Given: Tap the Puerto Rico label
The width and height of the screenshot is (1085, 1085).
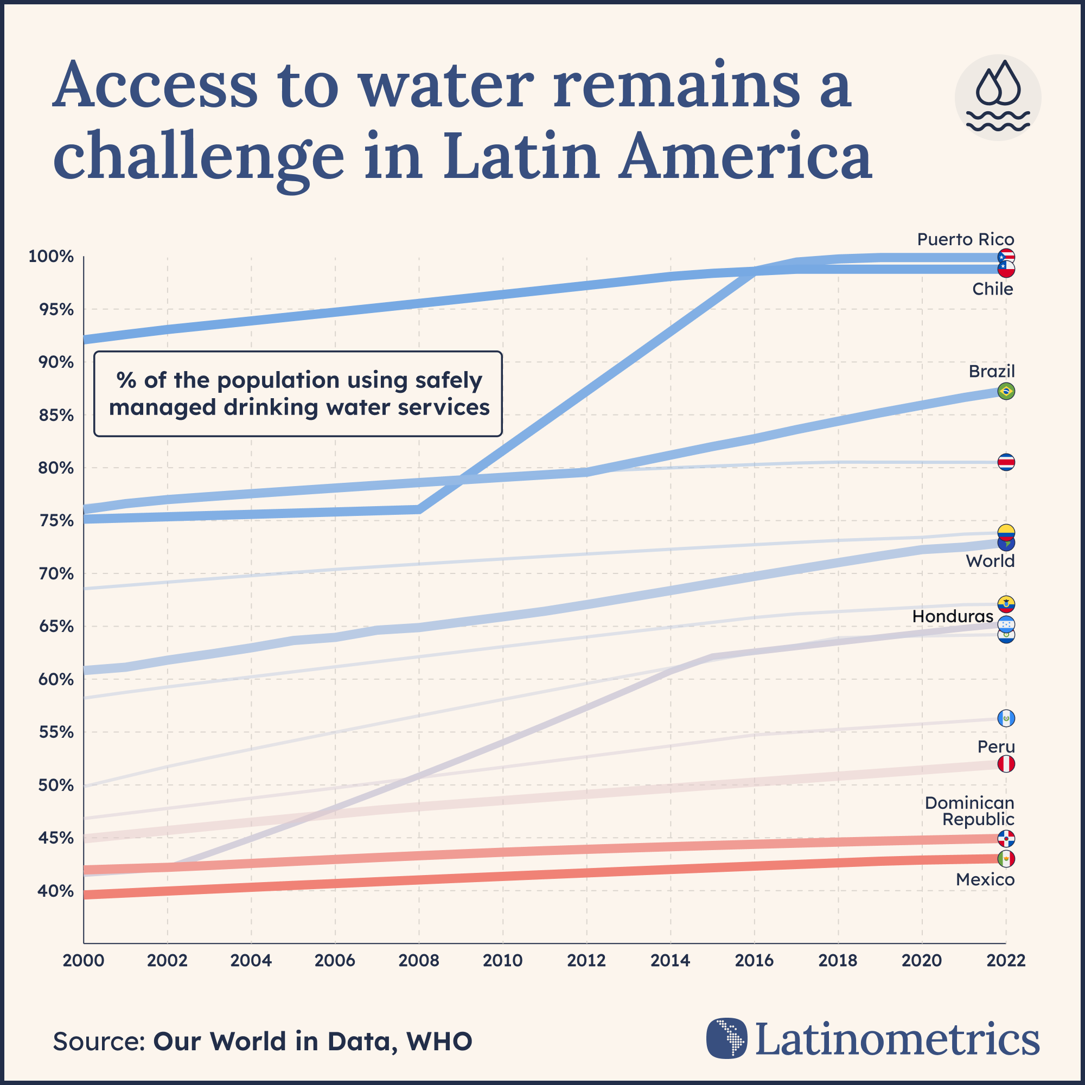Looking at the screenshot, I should click(x=966, y=239).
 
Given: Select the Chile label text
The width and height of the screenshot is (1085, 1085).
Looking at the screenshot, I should click(x=992, y=289).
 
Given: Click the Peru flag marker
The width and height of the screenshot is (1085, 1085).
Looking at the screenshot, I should click(x=1006, y=764).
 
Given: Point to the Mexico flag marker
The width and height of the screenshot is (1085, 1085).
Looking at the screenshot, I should click(x=1006, y=859).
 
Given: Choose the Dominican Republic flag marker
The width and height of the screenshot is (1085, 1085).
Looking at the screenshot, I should click(x=1006, y=839).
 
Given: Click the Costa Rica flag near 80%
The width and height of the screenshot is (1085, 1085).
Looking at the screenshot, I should click(x=1006, y=462).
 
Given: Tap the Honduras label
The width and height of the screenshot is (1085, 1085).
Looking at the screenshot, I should click(x=953, y=617).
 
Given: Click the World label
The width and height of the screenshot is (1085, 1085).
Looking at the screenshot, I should click(x=990, y=561).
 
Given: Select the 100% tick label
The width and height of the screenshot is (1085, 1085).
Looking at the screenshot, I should click(x=50, y=257).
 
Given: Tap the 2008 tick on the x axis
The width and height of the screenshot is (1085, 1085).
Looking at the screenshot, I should click(x=418, y=960).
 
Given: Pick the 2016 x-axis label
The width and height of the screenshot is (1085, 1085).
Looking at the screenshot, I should click(x=754, y=960).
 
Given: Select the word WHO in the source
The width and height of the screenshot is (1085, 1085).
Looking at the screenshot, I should click(x=439, y=1041).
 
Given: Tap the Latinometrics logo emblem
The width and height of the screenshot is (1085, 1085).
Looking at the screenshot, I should click(x=727, y=1038).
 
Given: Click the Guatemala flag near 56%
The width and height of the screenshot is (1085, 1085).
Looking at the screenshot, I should click(x=1006, y=718).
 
